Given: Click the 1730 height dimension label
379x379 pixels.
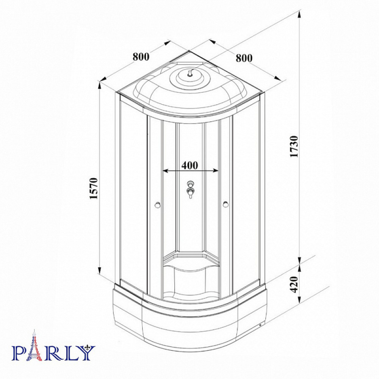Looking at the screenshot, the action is [x=294, y=146].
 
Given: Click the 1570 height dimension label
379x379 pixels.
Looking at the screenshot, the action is [x=94, y=188].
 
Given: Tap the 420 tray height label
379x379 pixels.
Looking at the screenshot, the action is [x=294, y=284].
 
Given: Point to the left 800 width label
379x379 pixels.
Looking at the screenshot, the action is [x=141, y=57].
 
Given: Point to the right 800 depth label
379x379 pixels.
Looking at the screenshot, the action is [x=244, y=58].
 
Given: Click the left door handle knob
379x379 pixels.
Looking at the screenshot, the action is [x=158, y=205].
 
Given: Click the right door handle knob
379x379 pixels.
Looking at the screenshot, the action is [x=226, y=205].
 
